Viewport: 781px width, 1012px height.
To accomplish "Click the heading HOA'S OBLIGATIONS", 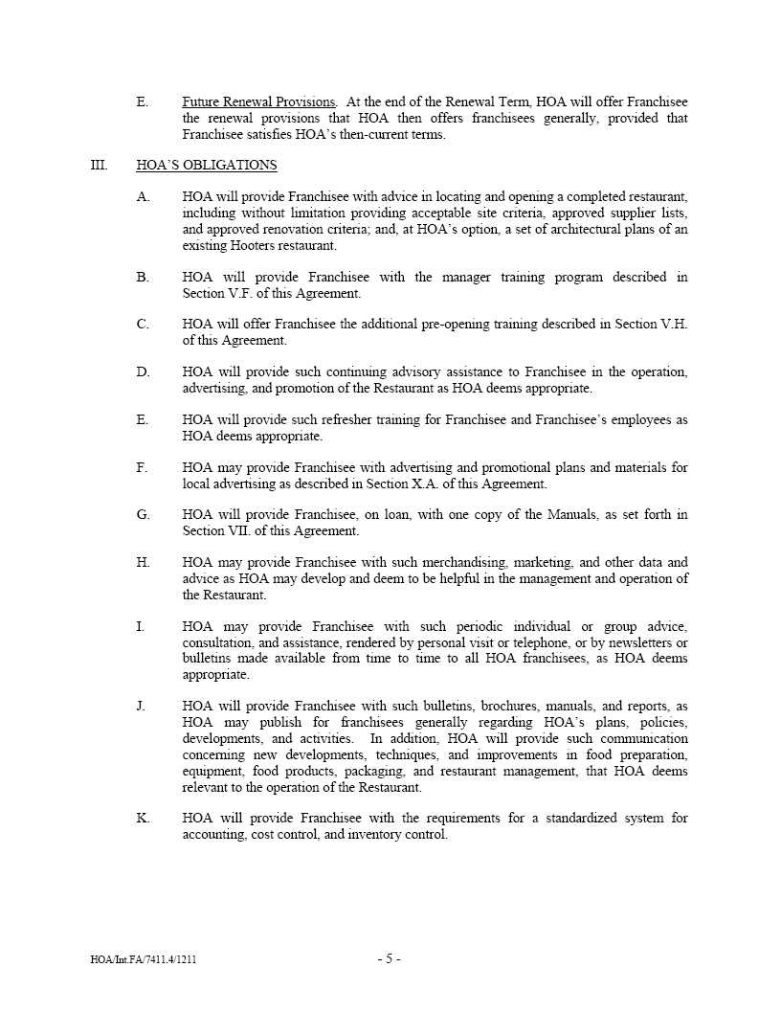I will coord(207,166).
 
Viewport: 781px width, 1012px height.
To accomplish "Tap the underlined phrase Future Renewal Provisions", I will coord(258,101).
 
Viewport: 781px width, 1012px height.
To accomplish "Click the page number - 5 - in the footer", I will coord(389,958).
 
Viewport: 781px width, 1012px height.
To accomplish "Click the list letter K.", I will coord(143,819).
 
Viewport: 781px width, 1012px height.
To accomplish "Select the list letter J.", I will coord(142,707).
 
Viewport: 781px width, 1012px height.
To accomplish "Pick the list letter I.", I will coord(141,626).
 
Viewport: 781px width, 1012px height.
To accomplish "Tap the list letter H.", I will coord(143,563).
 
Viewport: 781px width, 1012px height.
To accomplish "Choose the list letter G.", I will coord(143,515).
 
